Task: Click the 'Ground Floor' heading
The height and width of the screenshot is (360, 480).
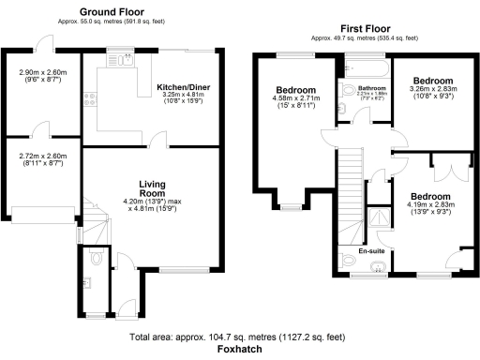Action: (118, 12)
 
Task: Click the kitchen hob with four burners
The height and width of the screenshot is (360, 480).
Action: (89, 97)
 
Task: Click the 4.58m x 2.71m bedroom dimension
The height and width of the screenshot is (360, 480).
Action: (292, 101)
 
